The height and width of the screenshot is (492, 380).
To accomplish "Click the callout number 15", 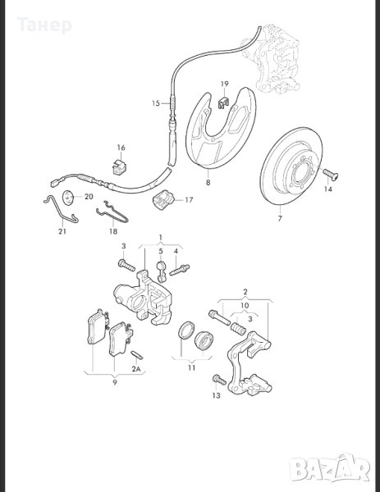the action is pos(156,103).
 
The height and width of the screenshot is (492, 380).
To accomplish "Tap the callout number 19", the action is pos(224,84).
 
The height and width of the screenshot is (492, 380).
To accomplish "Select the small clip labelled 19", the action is pos(223,102).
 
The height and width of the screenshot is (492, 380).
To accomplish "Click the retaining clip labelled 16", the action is pos(120,166).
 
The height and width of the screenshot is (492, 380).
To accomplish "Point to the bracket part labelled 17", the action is pos(163,199).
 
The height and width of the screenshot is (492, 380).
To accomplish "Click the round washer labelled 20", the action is pos(68,198).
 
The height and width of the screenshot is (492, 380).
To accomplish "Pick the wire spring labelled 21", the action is pos(62,209).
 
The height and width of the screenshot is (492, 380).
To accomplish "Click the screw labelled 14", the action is pos(331,174).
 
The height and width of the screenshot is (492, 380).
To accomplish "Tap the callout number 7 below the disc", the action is pos(280,218).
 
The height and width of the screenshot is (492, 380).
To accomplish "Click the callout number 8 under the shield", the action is pos(208,182).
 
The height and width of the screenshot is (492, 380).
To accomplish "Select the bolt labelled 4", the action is pos(179,270).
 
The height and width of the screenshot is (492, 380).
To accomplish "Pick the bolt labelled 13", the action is pos(219,380).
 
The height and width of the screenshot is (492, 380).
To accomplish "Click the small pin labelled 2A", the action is pos(137,354).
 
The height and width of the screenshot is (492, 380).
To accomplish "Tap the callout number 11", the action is pos(191,367).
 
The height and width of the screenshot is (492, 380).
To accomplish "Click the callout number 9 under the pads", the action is pos(115,382).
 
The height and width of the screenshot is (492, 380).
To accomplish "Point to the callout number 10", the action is pos(245,305).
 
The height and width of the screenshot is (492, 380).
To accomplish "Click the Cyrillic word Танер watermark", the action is pos(44,25).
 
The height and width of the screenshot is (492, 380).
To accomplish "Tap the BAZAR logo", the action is pos(329,468).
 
